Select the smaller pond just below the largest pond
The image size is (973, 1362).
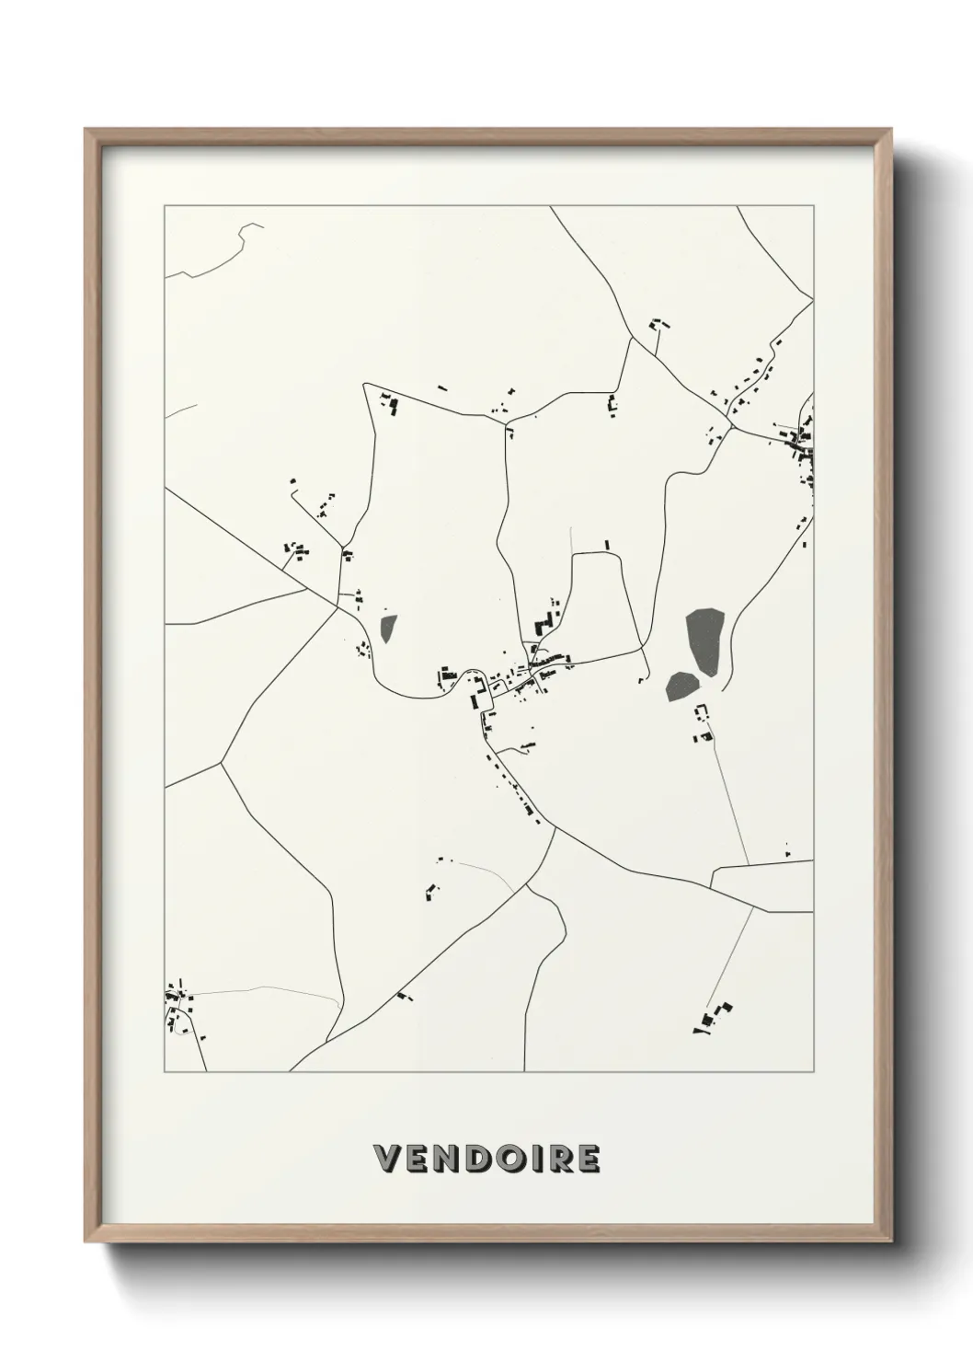[x=681, y=686]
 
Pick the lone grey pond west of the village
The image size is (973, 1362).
[x=387, y=629]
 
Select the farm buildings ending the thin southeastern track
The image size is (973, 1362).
[x=714, y=1018]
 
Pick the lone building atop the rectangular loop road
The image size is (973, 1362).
[x=606, y=545]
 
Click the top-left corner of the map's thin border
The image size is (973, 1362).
[x=165, y=206]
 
